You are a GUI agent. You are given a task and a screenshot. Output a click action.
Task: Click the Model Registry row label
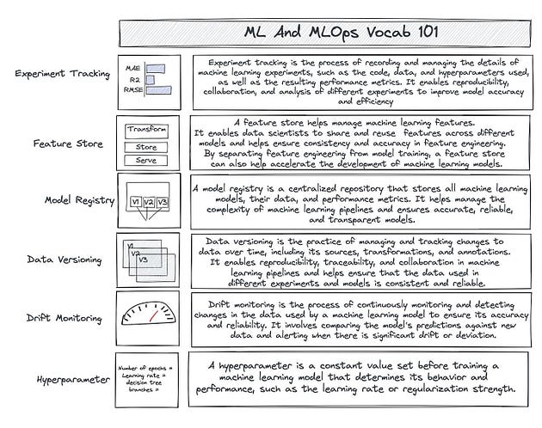pos(78,200)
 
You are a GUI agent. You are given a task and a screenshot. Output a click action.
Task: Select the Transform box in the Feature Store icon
pos(146,130)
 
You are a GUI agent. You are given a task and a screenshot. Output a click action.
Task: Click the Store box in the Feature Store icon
pos(145,146)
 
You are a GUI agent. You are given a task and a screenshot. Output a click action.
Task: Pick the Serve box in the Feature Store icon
pos(145,161)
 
